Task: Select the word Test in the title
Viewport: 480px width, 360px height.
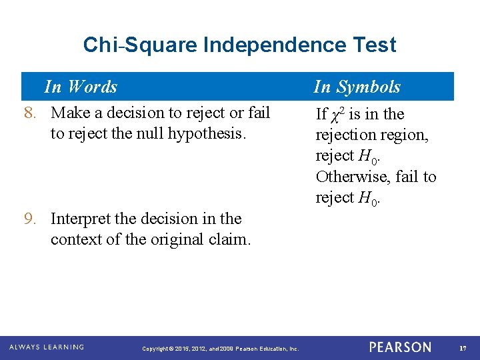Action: pos(377,45)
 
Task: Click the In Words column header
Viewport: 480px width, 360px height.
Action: pos(80,87)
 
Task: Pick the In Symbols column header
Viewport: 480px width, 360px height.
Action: pos(357,87)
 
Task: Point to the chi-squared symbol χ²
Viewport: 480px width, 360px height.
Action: pos(338,114)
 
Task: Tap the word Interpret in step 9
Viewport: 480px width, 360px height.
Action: pos(81,219)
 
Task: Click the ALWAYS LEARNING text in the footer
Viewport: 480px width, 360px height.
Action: pos(47,347)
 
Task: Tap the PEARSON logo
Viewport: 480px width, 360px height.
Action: pos(400,347)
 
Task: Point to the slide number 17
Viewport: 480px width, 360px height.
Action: pos(462,347)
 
